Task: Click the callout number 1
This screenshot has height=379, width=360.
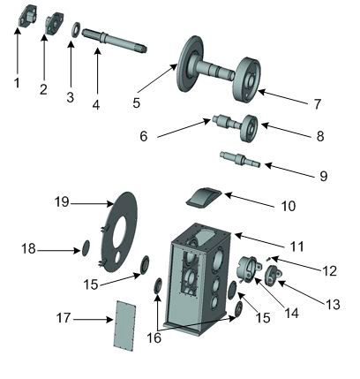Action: [x=17, y=83]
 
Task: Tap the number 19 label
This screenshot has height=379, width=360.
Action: [x=62, y=202]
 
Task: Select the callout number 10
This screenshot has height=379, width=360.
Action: [x=289, y=206]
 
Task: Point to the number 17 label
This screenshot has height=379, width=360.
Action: [x=64, y=318]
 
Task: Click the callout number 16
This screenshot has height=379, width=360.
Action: [x=154, y=338]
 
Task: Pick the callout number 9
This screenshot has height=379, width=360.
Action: [x=323, y=176]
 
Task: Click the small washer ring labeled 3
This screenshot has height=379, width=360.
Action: [x=76, y=29]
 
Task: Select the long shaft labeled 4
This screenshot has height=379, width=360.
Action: [x=114, y=41]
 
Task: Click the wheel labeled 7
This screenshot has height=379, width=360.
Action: [x=247, y=80]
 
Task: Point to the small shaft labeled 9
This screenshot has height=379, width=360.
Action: [x=240, y=159]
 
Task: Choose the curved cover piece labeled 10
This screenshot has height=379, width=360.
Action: [x=204, y=198]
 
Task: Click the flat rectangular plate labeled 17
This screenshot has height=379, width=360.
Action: [x=124, y=326]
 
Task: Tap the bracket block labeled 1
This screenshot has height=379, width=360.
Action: [x=27, y=15]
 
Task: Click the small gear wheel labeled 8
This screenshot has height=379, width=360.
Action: [x=249, y=128]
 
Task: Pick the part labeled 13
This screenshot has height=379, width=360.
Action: [x=273, y=275]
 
